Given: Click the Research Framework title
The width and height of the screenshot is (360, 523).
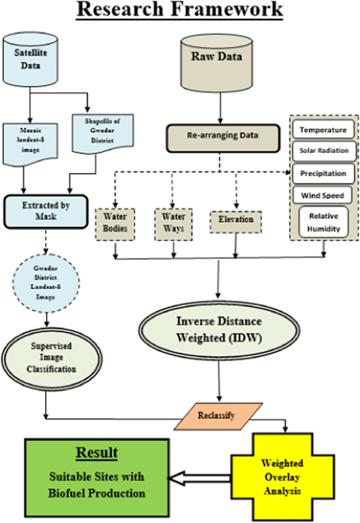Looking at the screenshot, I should click(180, 11).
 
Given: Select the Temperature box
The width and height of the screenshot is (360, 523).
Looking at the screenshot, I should click(322, 130).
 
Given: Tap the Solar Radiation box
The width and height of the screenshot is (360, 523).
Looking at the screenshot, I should click(322, 151).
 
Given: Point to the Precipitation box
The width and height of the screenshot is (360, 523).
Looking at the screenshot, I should click(322, 173).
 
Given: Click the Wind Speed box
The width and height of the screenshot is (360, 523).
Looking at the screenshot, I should click(322, 195).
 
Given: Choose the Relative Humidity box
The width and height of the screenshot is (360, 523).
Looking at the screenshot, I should click(322, 222).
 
